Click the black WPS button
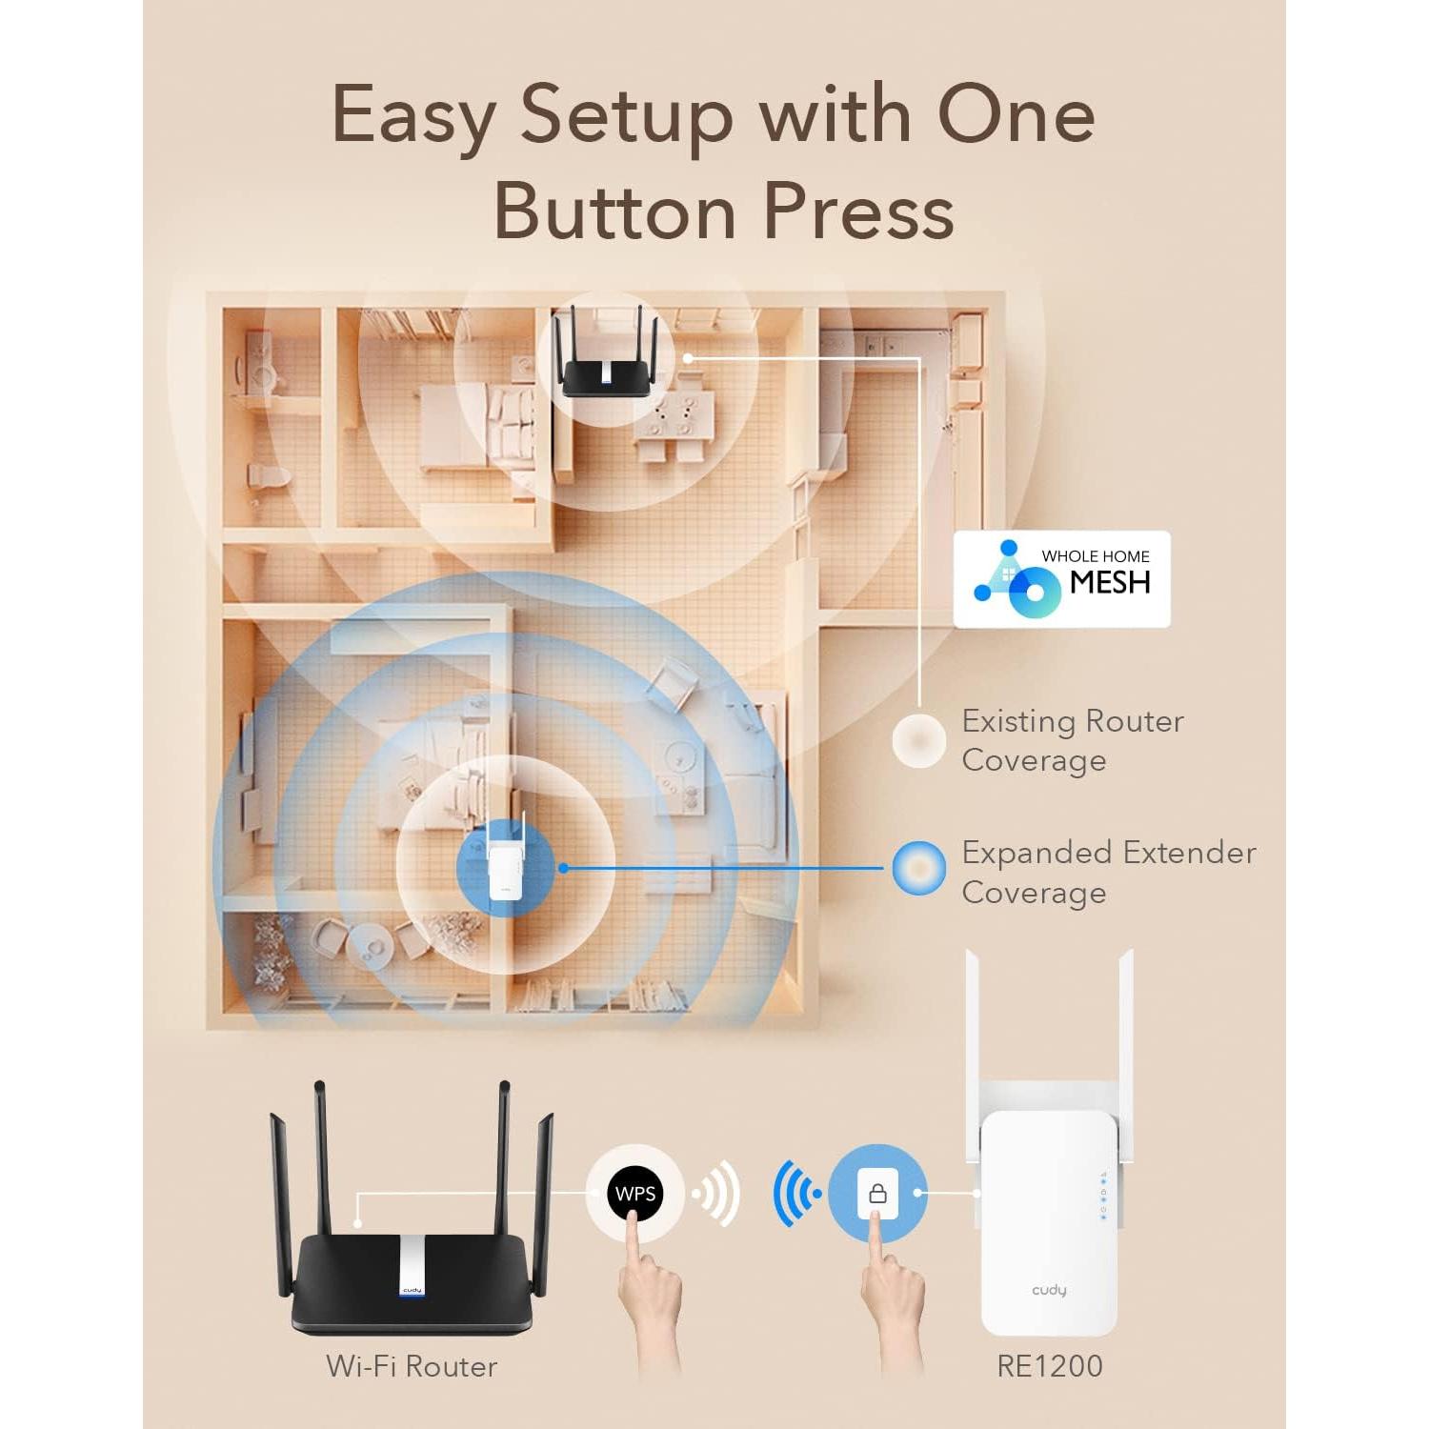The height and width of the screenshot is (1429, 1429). click(x=634, y=1193)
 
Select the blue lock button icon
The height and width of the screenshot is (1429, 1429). click(x=877, y=1193)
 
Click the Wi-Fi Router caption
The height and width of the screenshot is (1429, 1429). click(x=412, y=1366)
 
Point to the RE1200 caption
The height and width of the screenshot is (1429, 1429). click(x=1049, y=1366)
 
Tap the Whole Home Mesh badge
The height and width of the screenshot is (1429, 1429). click(x=1061, y=579)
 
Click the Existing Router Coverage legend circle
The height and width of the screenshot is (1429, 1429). click(x=918, y=739)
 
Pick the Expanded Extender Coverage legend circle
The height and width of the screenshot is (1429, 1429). click(x=918, y=868)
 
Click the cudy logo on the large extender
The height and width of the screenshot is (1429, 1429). click(x=1049, y=1290)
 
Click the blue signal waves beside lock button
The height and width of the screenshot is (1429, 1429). click(x=795, y=1193)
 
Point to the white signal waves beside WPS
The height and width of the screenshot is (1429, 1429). click(x=718, y=1193)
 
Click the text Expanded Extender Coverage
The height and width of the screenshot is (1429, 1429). click(x=1108, y=872)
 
